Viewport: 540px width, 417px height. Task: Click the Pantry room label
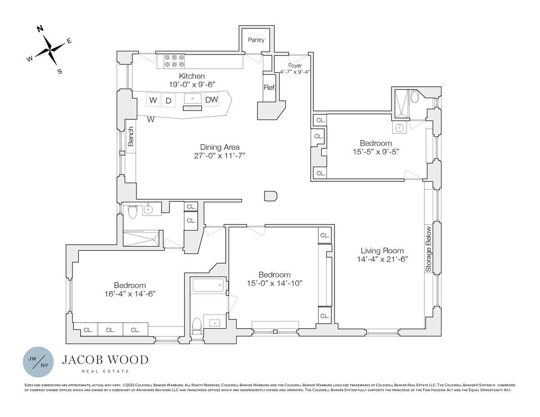256,40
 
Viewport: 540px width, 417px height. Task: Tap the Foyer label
295,65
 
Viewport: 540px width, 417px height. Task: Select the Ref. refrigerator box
269,88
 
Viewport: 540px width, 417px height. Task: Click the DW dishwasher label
212,100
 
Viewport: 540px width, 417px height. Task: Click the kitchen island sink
193,99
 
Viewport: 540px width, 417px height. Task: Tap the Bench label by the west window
131,136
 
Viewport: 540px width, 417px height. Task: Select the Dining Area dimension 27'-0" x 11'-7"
220,156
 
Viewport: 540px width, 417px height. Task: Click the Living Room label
382,251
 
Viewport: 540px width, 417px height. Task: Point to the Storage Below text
429,249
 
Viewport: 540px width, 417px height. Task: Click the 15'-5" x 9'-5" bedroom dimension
376,152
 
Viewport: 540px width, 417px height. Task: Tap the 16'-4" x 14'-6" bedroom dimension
130,294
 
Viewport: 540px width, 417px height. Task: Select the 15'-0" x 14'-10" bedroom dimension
274,284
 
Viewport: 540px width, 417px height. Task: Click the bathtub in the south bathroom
208,286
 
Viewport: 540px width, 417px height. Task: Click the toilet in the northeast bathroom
415,97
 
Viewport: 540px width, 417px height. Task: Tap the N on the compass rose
40,29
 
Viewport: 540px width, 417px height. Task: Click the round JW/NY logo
38,362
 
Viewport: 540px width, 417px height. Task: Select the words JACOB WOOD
105,360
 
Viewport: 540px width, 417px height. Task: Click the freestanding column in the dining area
270,196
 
